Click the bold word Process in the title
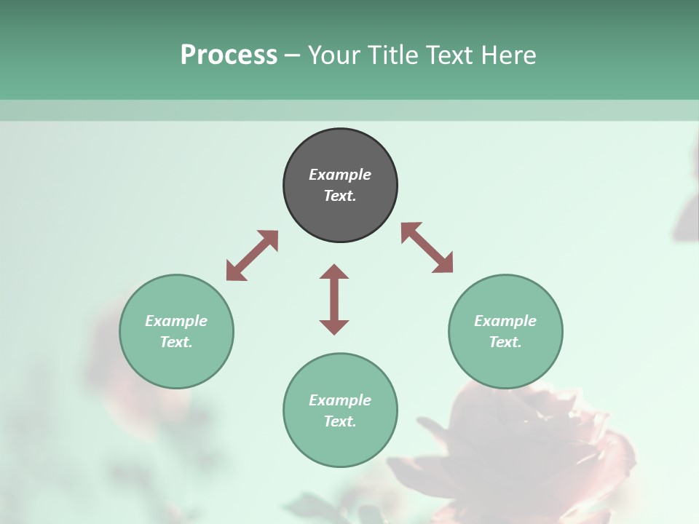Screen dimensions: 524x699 pyautogui.click(x=229, y=55)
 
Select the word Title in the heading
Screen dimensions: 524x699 pyautogui.click(x=393, y=55)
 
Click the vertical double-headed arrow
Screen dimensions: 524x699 pyautogui.click(x=334, y=300)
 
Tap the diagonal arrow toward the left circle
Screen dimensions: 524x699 pyautogui.click(x=252, y=255)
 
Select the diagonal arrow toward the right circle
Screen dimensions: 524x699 pyautogui.click(x=427, y=247)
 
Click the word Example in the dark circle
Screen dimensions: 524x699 pyautogui.click(x=340, y=175)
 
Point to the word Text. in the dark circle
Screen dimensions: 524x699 pyautogui.click(x=340, y=196)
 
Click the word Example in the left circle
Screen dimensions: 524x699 pyautogui.click(x=176, y=321)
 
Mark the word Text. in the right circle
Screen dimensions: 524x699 pyautogui.click(x=505, y=342)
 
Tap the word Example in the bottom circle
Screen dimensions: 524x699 pyautogui.click(x=340, y=400)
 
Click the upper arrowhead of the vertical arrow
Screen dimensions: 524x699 pyautogui.click(x=334, y=272)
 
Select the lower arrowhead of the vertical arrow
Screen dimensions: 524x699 pyautogui.click(x=334, y=327)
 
